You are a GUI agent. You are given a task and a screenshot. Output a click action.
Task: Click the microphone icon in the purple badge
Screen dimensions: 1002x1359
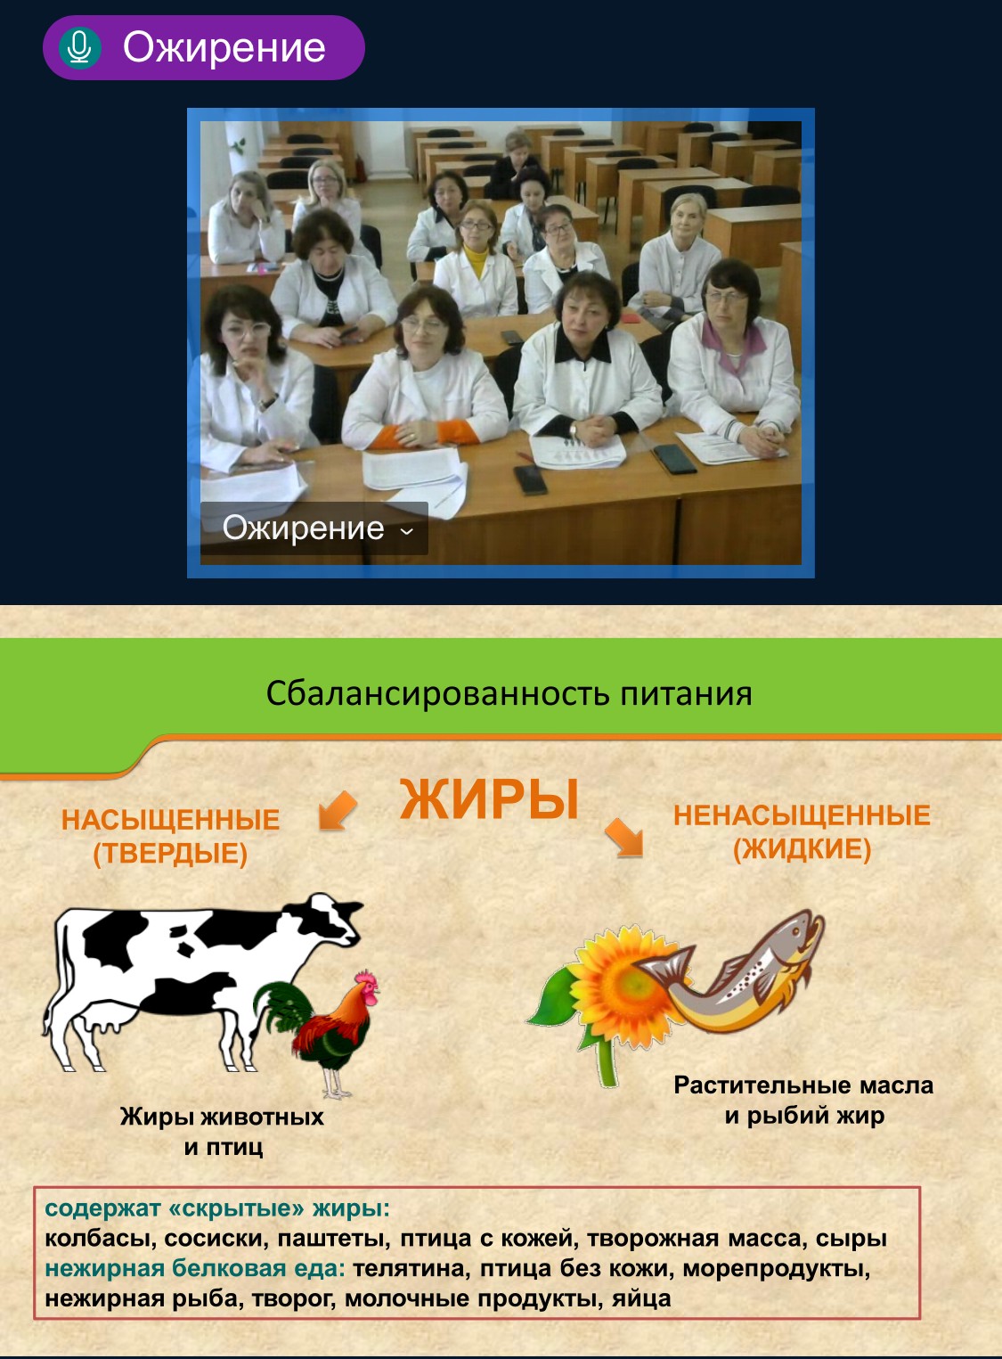pyautogui.click(x=79, y=47)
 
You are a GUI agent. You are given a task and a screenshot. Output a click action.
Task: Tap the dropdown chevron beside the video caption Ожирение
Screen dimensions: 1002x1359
pyautogui.click(x=407, y=531)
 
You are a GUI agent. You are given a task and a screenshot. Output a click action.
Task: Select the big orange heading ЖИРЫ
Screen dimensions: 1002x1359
pyautogui.click(x=489, y=799)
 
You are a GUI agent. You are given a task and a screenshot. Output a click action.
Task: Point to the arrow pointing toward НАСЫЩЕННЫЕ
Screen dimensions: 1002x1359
pyautogui.click(x=338, y=810)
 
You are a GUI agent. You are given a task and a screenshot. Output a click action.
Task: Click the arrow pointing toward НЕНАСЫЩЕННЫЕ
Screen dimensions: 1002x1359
pyautogui.click(x=624, y=838)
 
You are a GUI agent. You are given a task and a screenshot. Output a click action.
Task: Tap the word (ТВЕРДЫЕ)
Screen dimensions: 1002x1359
pyautogui.click(x=170, y=854)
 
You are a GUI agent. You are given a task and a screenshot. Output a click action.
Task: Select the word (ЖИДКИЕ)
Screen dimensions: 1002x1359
pyautogui.click(x=802, y=848)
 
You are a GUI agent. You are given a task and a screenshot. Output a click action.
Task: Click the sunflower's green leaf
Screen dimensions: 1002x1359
pyautogui.click(x=552, y=1000)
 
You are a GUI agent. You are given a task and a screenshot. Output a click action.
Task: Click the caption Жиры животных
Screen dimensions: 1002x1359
pyautogui.click(x=222, y=1117)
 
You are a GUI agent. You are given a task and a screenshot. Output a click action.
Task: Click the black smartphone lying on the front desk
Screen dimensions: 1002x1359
pyautogui.click(x=530, y=479)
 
